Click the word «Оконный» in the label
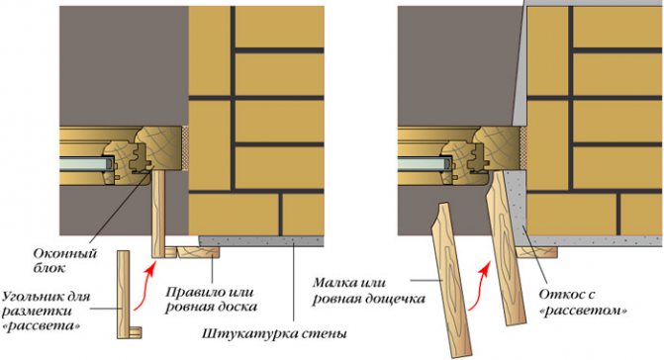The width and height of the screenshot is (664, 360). tap(65, 254)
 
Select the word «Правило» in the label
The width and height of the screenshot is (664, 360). tap(191, 292)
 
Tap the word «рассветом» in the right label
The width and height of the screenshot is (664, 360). tap(584, 312)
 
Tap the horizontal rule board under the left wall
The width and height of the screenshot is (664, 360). tap(198, 252)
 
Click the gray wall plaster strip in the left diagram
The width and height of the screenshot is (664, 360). tap(261, 241)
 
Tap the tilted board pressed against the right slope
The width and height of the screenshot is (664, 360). tap(504, 247)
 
